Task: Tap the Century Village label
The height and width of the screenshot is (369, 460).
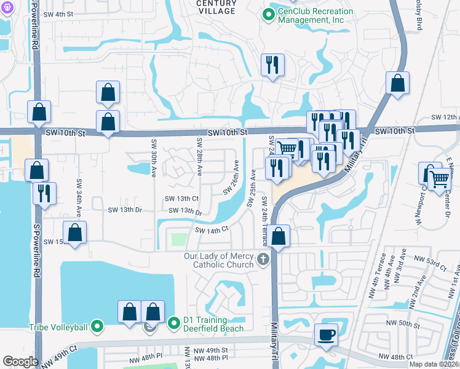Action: [216, 7]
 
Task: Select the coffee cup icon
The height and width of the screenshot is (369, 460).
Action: [326, 335]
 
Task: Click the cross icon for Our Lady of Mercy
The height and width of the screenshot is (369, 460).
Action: [263, 259]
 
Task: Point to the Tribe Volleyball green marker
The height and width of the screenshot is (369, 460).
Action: [97, 326]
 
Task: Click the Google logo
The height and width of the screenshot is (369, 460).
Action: [20, 362]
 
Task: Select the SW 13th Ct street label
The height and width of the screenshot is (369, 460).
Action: [181, 199]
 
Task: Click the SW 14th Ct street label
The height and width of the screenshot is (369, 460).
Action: [212, 229]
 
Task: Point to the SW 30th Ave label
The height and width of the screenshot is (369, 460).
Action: [153, 157]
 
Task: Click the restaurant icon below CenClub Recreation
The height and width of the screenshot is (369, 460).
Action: [272, 65]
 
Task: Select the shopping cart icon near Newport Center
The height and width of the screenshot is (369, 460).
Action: [439, 179]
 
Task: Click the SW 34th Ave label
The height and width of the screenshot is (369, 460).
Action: [79, 198]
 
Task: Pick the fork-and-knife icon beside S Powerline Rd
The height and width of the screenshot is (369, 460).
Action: [44, 193]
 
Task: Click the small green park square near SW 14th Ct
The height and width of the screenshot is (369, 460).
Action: [178, 239]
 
